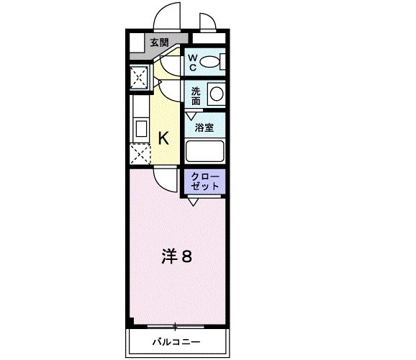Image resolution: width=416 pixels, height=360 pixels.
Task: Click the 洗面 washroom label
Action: click(195, 96)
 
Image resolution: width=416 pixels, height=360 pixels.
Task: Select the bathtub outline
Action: click(205, 151)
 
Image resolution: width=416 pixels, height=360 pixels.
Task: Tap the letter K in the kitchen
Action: click(163, 138)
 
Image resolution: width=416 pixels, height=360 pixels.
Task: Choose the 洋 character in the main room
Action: click(168, 256)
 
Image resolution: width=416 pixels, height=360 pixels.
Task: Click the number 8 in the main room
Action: click(186, 256)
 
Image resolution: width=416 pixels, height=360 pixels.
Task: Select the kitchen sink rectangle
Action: click(140, 130)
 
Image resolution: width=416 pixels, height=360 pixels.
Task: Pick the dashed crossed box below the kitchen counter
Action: click(139, 155)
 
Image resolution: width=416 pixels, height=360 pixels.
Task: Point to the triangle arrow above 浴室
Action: click(191, 114)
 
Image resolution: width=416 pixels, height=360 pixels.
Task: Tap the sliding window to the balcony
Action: click(176, 325)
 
